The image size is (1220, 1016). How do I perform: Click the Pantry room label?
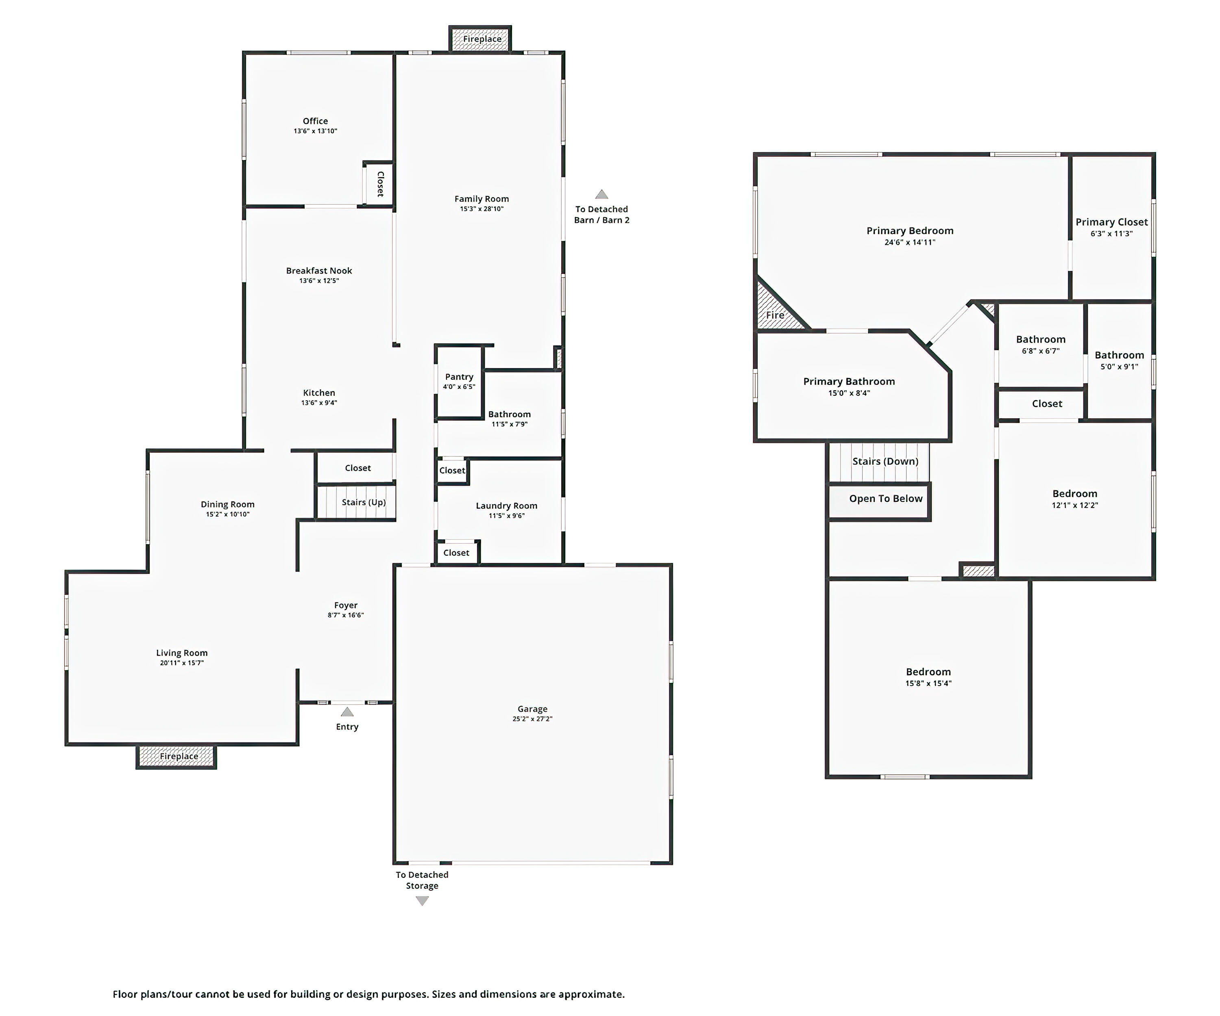click(x=459, y=377)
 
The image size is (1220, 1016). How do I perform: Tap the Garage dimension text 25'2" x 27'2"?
click(x=532, y=719)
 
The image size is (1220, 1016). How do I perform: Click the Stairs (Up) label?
click(x=364, y=502)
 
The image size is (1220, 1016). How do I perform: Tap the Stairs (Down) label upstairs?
click(x=885, y=461)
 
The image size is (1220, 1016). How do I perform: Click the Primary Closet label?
click(x=1111, y=222)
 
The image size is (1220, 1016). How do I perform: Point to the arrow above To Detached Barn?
click(x=601, y=195)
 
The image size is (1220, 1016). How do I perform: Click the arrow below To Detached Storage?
click(x=423, y=901)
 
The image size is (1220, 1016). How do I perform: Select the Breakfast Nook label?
click(x=319, y=271)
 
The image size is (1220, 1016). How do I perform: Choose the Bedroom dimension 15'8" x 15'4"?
click(x=928, y=683)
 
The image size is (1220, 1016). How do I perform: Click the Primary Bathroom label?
click(x=849, y=382)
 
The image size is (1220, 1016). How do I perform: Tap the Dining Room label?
click(x=228, y=504)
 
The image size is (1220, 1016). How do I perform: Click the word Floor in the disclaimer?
click(x=125, y=994)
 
